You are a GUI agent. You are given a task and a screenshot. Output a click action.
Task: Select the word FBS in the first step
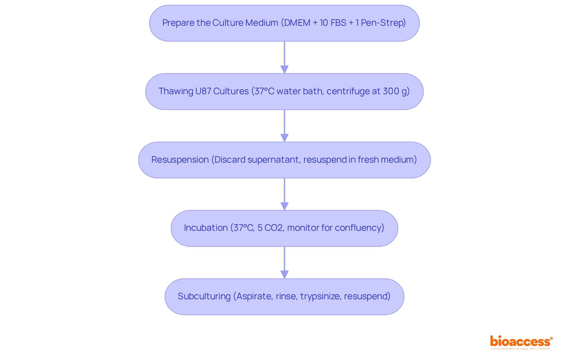pos(338,23)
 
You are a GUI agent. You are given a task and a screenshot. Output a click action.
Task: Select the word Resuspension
pos(180,160)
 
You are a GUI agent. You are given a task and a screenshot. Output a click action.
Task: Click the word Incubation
pos(206,228)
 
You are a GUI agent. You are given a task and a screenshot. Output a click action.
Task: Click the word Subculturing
pos(204,296)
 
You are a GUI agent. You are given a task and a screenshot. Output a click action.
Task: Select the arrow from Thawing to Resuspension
pos(284,126)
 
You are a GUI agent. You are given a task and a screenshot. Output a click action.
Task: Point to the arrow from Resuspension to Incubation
pos(284,194)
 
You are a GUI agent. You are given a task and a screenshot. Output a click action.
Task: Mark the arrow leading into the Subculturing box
pos(284,263)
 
